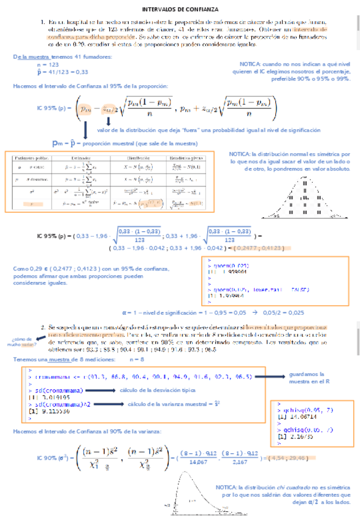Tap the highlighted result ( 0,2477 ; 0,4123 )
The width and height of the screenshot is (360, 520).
coord(248,249)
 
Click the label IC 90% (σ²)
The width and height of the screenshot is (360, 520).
coord(53,457)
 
